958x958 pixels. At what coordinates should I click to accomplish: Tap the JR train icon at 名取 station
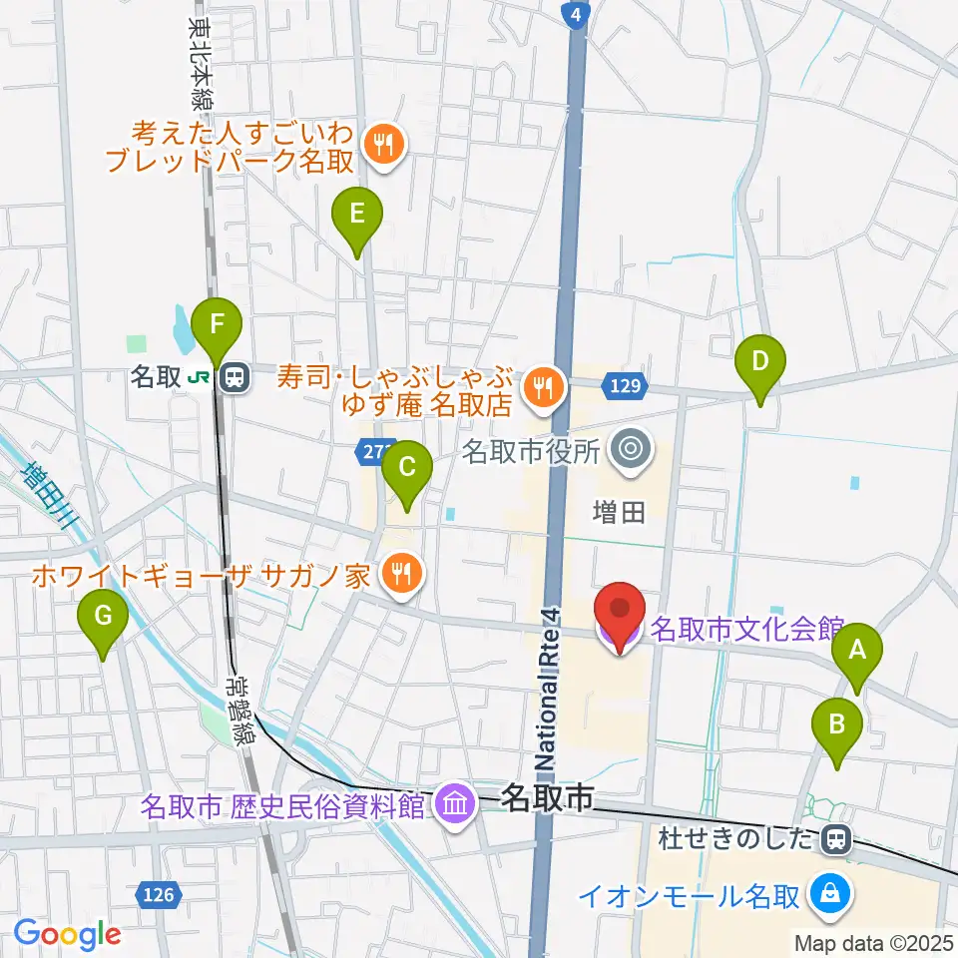236,378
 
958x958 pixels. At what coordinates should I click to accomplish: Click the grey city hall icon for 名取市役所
630,449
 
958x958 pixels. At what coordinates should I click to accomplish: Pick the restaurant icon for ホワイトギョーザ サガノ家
402,574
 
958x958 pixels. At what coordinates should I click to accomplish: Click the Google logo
67,934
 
